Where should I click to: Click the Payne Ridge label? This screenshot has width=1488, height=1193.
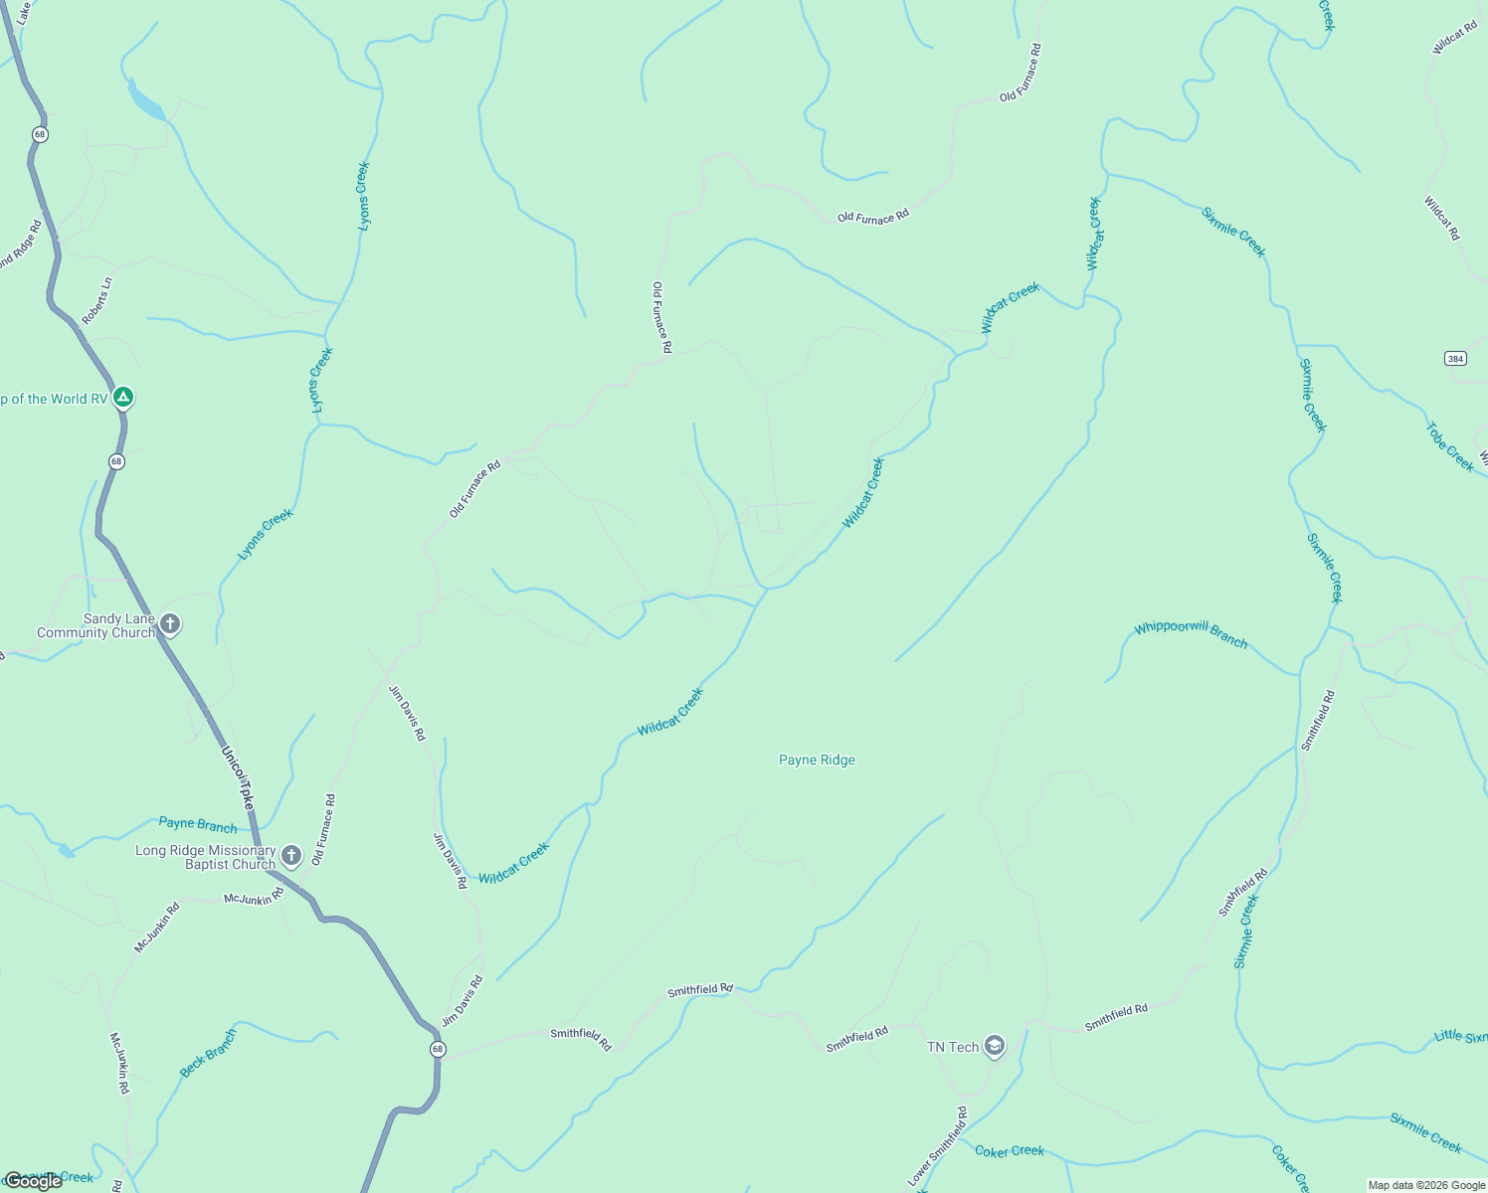click(x=817, y=761)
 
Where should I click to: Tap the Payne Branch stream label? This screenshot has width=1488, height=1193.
click(x=198, y=825)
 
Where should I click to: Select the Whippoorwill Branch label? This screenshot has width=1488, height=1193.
click(x=1191, y=634)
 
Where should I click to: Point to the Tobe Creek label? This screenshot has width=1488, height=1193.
click(x=1449, y=447)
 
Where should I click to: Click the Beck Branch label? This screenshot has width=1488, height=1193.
click(x=209, y=1054)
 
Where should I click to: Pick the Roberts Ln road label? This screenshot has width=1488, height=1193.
click(x=97, y=301)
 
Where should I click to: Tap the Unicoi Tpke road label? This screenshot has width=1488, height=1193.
click(x=238, y=776)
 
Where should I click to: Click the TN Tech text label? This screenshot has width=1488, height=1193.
click(x=953, y=1047)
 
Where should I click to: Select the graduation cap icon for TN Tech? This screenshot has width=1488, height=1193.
click(x=994, y=1046)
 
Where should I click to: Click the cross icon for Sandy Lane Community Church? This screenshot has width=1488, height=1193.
click(x=170, y=624)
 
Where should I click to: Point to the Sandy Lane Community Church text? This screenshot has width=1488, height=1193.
click(x=96, y=625)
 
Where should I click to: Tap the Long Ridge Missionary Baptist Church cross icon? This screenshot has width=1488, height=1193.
click(x=290, y=855)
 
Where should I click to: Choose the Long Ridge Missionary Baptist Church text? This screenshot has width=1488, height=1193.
click(x=206, y=857)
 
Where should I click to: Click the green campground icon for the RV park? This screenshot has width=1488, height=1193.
click(x=122, y=399)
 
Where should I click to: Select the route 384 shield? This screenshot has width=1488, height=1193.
click(x=1455, y=358)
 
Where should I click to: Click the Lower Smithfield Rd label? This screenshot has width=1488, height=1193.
click(x=937, y=1146)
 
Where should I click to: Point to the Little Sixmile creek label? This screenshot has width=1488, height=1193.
click(x=1460, y=1037)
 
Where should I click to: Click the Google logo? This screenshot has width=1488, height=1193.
click(x=33, y=1181)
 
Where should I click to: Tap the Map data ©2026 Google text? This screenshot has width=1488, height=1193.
click(x=1425, y=1185)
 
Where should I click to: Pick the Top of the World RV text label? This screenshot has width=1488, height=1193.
click(x=54, y=400)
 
